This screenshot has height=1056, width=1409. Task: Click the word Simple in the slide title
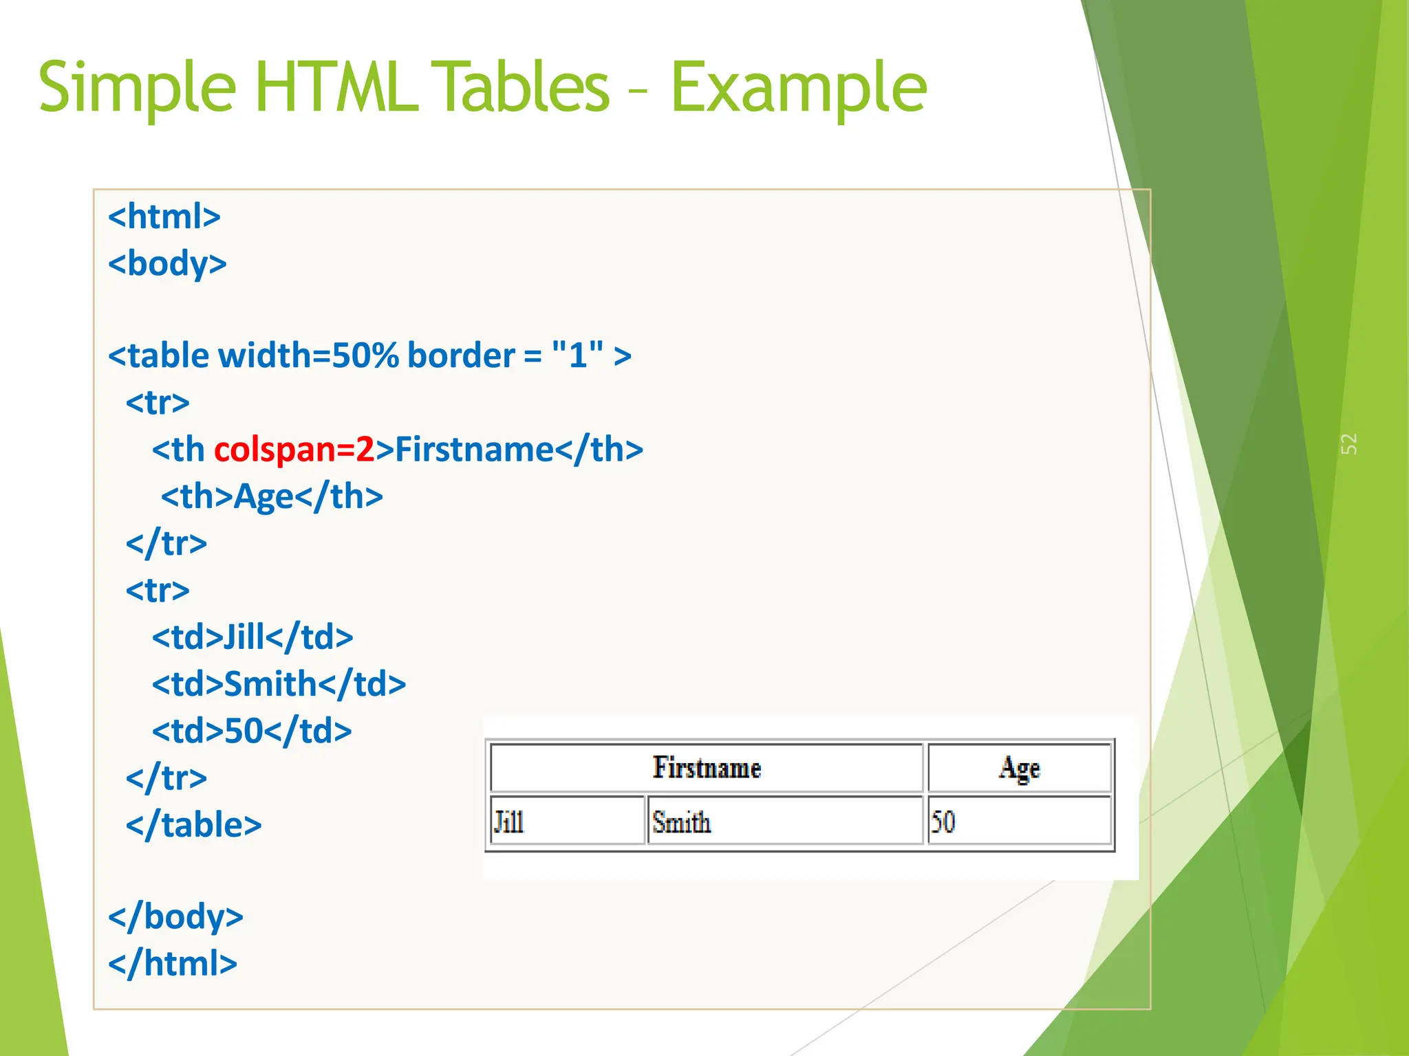tap(138, 88)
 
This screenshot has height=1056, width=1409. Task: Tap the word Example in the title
tap(798, 88)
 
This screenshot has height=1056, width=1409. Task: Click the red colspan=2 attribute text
tap(294, 450)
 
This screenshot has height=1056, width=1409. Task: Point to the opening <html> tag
tap(164, 217)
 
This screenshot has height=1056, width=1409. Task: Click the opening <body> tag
tap(167, 264)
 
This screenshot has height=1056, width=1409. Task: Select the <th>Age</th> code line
tap(272, 496)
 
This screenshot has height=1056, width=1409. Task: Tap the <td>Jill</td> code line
tap(252, 637)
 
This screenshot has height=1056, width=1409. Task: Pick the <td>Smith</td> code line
tap(279, 684)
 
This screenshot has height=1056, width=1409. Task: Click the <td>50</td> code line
tap(252, 731)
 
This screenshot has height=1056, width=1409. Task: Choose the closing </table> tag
tap(193, 825)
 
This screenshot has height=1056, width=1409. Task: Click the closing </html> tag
tap(173, 963)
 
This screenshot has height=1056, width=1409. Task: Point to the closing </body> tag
tap(175, 916)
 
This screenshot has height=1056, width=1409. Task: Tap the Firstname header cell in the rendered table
tap(707, 768)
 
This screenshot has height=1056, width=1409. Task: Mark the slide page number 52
tap(1349, 443)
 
